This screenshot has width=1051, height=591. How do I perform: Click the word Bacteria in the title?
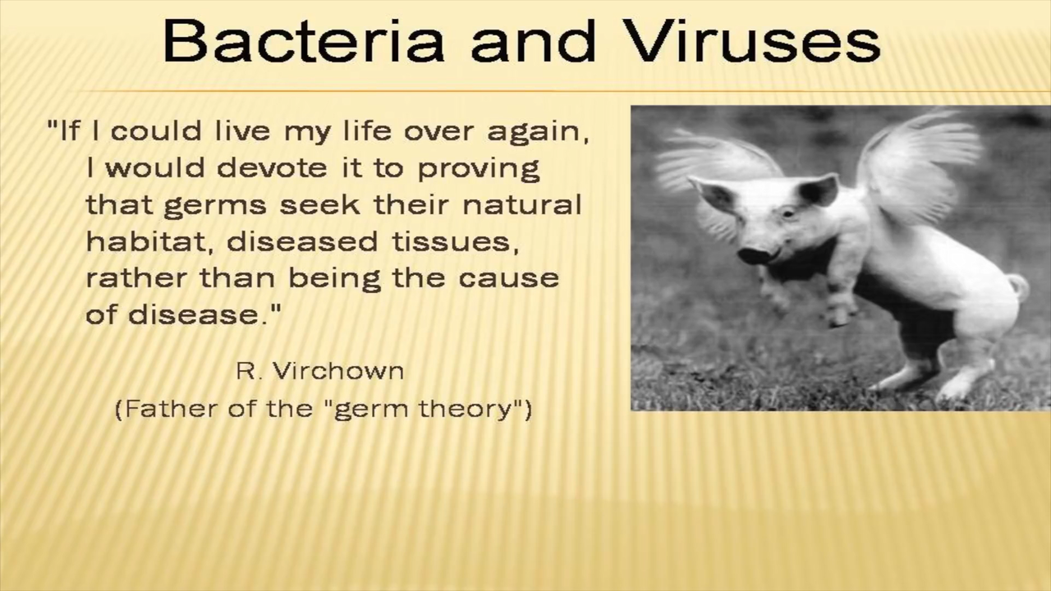pos(304,41)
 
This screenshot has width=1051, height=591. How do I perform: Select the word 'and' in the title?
pos(534,41)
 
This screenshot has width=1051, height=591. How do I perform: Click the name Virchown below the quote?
pos(338,371)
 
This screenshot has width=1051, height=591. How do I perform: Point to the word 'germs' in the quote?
pos(215,206)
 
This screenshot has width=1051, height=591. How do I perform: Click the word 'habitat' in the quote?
pos(146,241)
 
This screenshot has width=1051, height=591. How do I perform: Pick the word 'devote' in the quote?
pos(272,168)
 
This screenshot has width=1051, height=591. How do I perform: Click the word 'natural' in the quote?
pos(521,204)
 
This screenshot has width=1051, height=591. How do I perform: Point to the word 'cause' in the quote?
pos(508,278)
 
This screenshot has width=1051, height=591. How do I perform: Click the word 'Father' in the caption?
pos(172,409)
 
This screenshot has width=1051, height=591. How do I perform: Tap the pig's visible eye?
pos(789,214)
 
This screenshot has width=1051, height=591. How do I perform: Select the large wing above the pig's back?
pos(917,164)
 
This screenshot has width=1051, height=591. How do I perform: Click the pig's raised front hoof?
pos(842,318)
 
